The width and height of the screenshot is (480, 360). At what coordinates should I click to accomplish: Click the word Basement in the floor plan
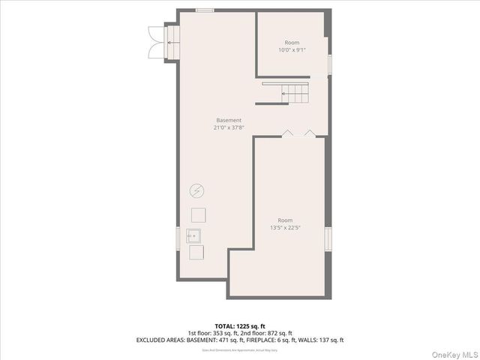pos(229,120)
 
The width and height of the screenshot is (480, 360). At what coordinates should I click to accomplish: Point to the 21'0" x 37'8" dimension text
pos(229,127)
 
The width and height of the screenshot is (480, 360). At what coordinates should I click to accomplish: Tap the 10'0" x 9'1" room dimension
pos(292,50)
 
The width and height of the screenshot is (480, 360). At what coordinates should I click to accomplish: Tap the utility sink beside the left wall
pos(194,235)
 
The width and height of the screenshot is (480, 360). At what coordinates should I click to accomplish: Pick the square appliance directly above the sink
pos(199,214)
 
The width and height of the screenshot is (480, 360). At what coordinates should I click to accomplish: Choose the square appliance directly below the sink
pos(196,253)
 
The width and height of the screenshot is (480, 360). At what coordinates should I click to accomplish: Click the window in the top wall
pos(204,10)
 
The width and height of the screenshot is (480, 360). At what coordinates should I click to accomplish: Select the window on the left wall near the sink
pos(177,238)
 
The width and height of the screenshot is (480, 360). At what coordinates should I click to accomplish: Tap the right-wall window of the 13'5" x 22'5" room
pos(328,238)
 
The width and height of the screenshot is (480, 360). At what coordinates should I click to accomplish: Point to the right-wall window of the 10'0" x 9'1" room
pos(329,64)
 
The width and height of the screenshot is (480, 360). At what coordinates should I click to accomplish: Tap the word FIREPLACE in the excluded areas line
pos(259,340)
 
